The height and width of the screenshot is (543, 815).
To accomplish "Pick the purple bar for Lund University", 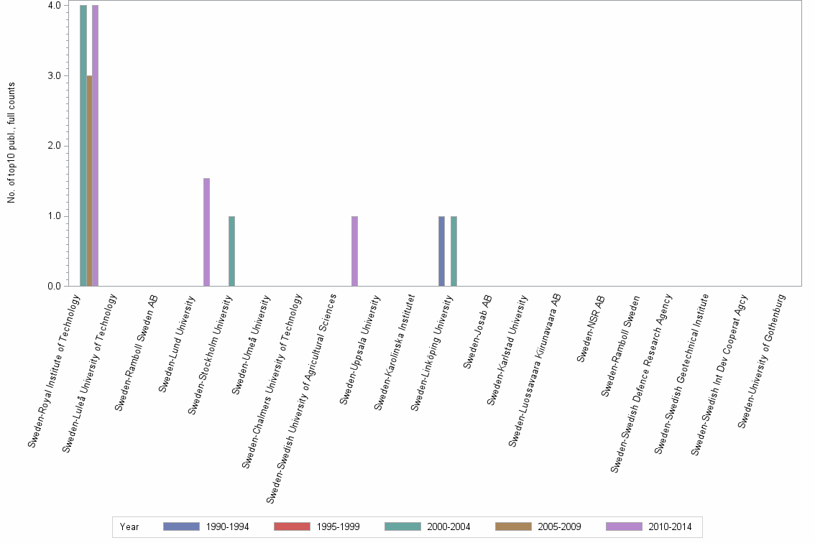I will [206, 232].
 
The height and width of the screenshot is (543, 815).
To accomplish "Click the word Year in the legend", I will [129, 527].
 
